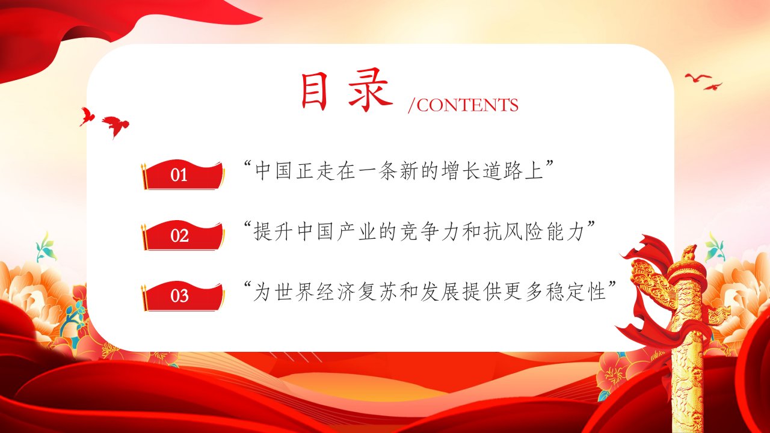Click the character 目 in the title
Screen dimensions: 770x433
click(314, 91)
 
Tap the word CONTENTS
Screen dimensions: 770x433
click(467, 105)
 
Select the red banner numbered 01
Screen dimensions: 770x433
click(183, 175)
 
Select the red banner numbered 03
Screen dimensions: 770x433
click(183, 296)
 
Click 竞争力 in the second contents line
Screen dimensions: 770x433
click(430, 232)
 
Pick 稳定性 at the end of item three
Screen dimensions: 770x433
click(576, 292)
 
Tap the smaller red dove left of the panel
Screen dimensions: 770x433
click(87, 116)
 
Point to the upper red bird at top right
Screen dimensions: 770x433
click(698, 78)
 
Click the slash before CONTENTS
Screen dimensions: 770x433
click(411, 105)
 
